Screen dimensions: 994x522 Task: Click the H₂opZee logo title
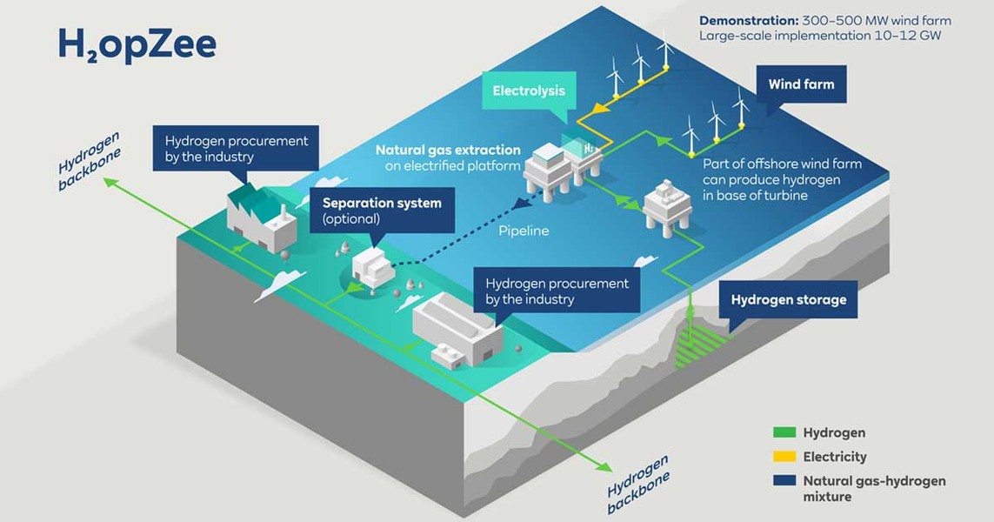click(x=137, y=44)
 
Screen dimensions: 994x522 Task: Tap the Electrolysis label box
click(x=529, y=90)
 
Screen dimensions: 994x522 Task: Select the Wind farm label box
click(x=801, y=84)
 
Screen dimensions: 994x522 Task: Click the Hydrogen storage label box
click(x=789, y=299)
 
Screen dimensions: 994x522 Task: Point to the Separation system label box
click(x=383, y=211)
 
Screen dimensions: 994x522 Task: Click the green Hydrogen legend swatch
click(x=784, y=432)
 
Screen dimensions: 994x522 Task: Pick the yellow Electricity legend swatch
click(x=784, y=457)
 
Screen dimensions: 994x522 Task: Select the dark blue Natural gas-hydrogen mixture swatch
click(x=784, y=481)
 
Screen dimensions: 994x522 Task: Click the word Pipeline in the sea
click(x=524, y=231)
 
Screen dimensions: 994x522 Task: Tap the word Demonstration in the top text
click(x=748, y=20)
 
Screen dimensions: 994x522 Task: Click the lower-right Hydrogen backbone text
click(x=638, y=484)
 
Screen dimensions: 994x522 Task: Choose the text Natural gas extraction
click(x=448, y=151)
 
